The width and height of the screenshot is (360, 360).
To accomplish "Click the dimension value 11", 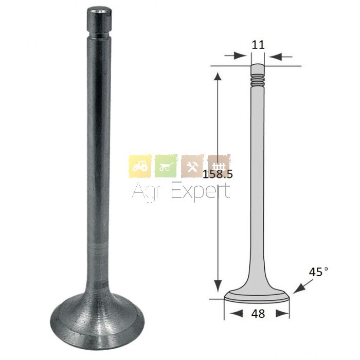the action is pyautogui.click(x=258, y=45).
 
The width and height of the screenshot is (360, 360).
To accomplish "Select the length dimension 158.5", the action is pyautogui.click(x=218, y=174).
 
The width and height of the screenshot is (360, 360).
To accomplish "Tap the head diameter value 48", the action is pyautogui.click(x=258, y=313).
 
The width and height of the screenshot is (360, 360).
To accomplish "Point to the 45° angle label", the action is pyautogui.click(x=318, y=272).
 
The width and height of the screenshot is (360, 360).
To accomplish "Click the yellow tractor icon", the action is pyautogui.click(x=140, y=166).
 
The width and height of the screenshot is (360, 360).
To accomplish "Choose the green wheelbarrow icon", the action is pyautogui.click(x=166, y=166).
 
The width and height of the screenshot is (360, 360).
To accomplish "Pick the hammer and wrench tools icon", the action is pyautogui.click(x=192, y=166).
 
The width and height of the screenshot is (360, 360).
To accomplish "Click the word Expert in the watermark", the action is pyautogui.click(x=201, y=191).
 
